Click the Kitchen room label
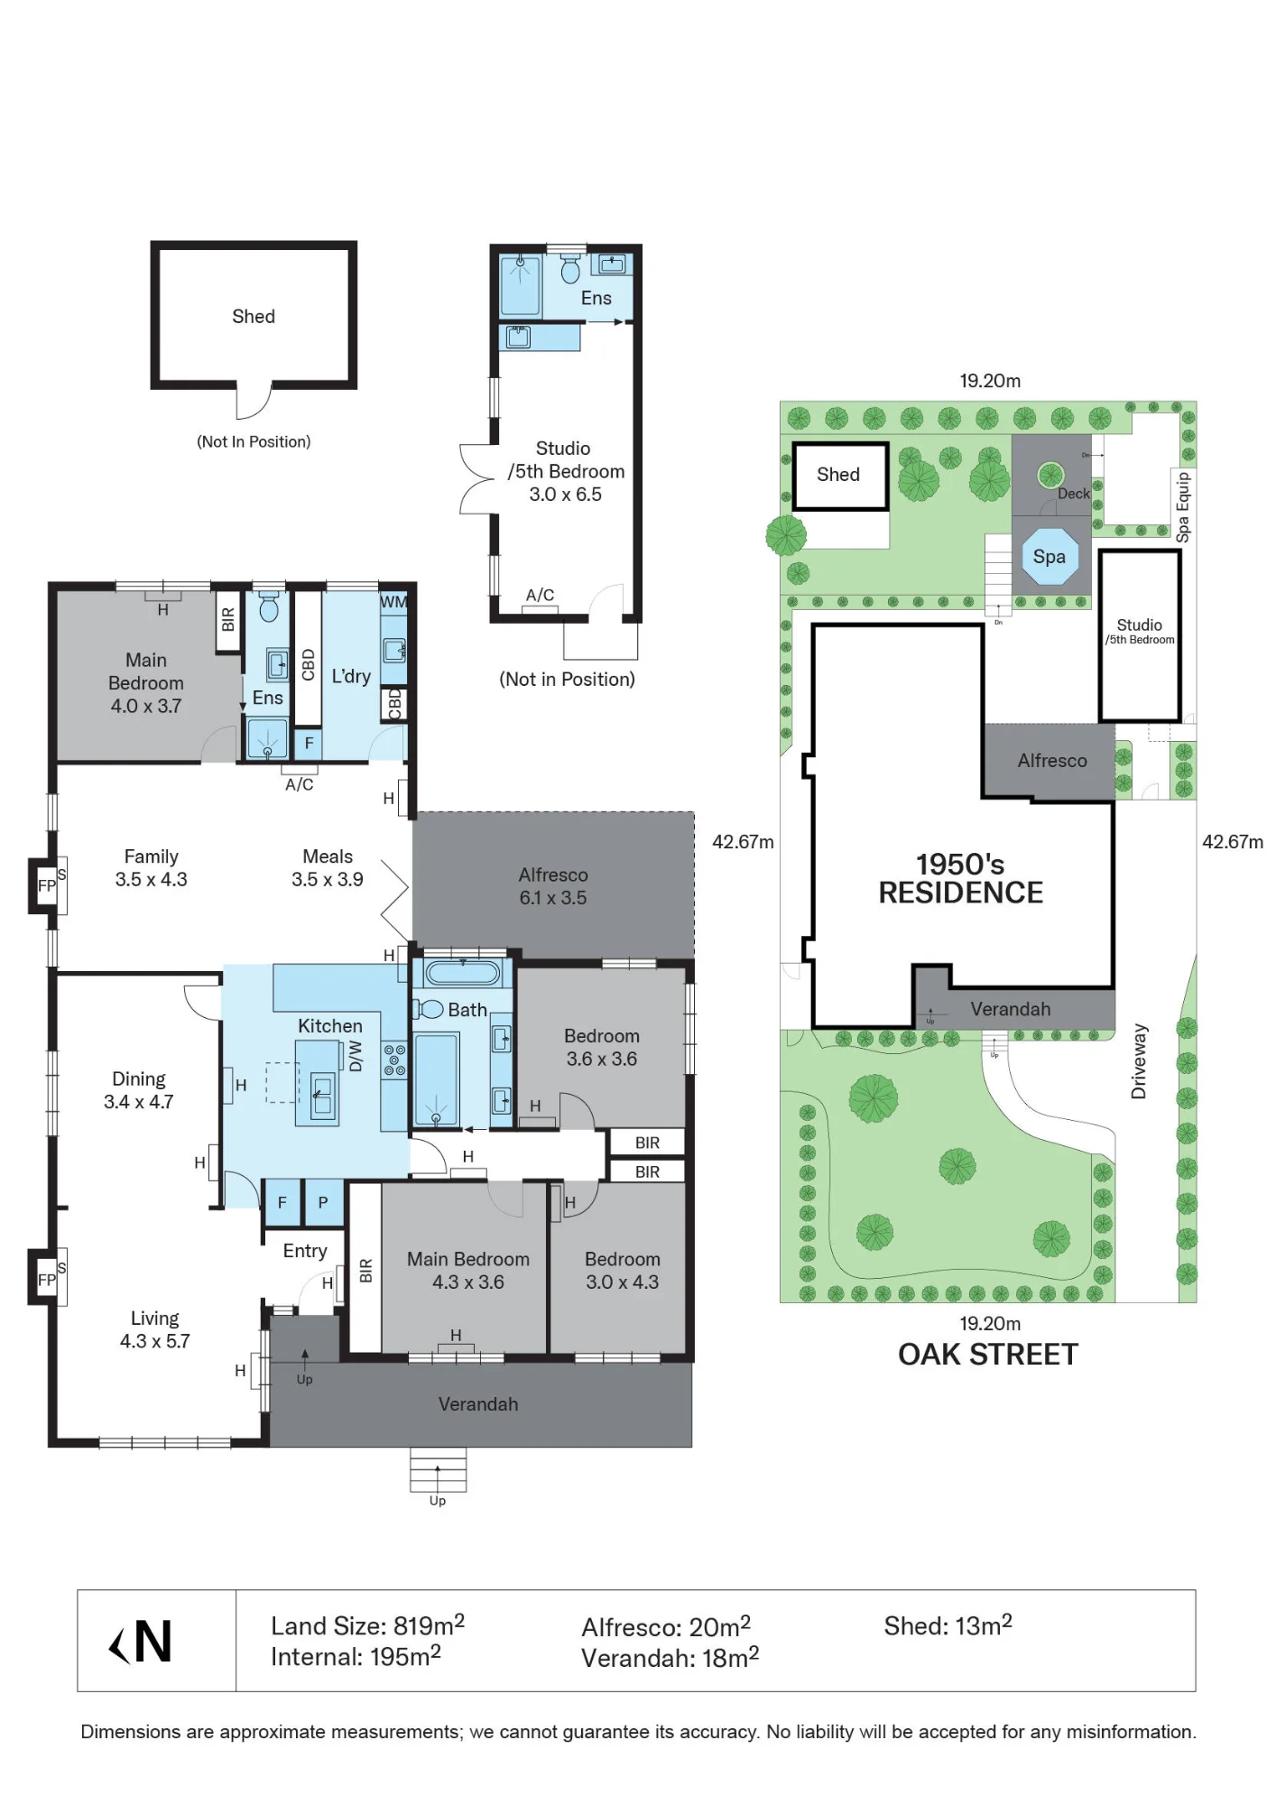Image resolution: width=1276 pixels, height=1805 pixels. (x=330, y=1026)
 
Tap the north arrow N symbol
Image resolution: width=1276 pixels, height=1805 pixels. (x=141, y=1643)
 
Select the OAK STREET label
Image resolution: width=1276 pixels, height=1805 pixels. (x=988, y=1355)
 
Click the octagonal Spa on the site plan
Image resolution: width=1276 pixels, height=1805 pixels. (x=1049, y=557)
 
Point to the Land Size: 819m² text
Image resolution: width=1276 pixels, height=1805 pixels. (x=368, y=1625)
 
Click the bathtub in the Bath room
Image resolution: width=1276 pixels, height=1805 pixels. (x=463, y=973)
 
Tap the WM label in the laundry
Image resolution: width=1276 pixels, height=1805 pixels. (x=393, y=602)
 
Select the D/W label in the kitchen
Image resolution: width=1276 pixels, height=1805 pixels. (x=356, y=1056)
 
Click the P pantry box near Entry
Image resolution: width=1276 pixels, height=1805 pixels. (x=323, y=1203)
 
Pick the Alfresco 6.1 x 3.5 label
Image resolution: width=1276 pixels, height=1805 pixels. (x=553, y=886)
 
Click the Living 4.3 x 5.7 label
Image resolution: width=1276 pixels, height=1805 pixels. (x=154, y=1329)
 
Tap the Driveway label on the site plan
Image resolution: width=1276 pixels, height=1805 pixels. (x=1139, y=1061)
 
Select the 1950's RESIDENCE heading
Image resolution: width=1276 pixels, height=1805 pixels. (x=961, y=878)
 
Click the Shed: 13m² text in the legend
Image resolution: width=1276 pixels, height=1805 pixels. (x=948, y=1625)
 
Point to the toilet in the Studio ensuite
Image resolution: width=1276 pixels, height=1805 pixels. (x=570, y=268)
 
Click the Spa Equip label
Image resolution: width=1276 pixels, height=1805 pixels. (x=1183, y=507)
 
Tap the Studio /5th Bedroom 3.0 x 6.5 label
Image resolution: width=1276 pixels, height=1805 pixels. (x=565, y=471)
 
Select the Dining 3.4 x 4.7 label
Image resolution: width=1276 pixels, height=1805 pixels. (x=139, y=1090)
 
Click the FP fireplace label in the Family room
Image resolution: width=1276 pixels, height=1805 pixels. (x=47, y=886)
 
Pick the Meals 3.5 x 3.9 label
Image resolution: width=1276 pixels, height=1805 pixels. (x=328, y=867)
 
